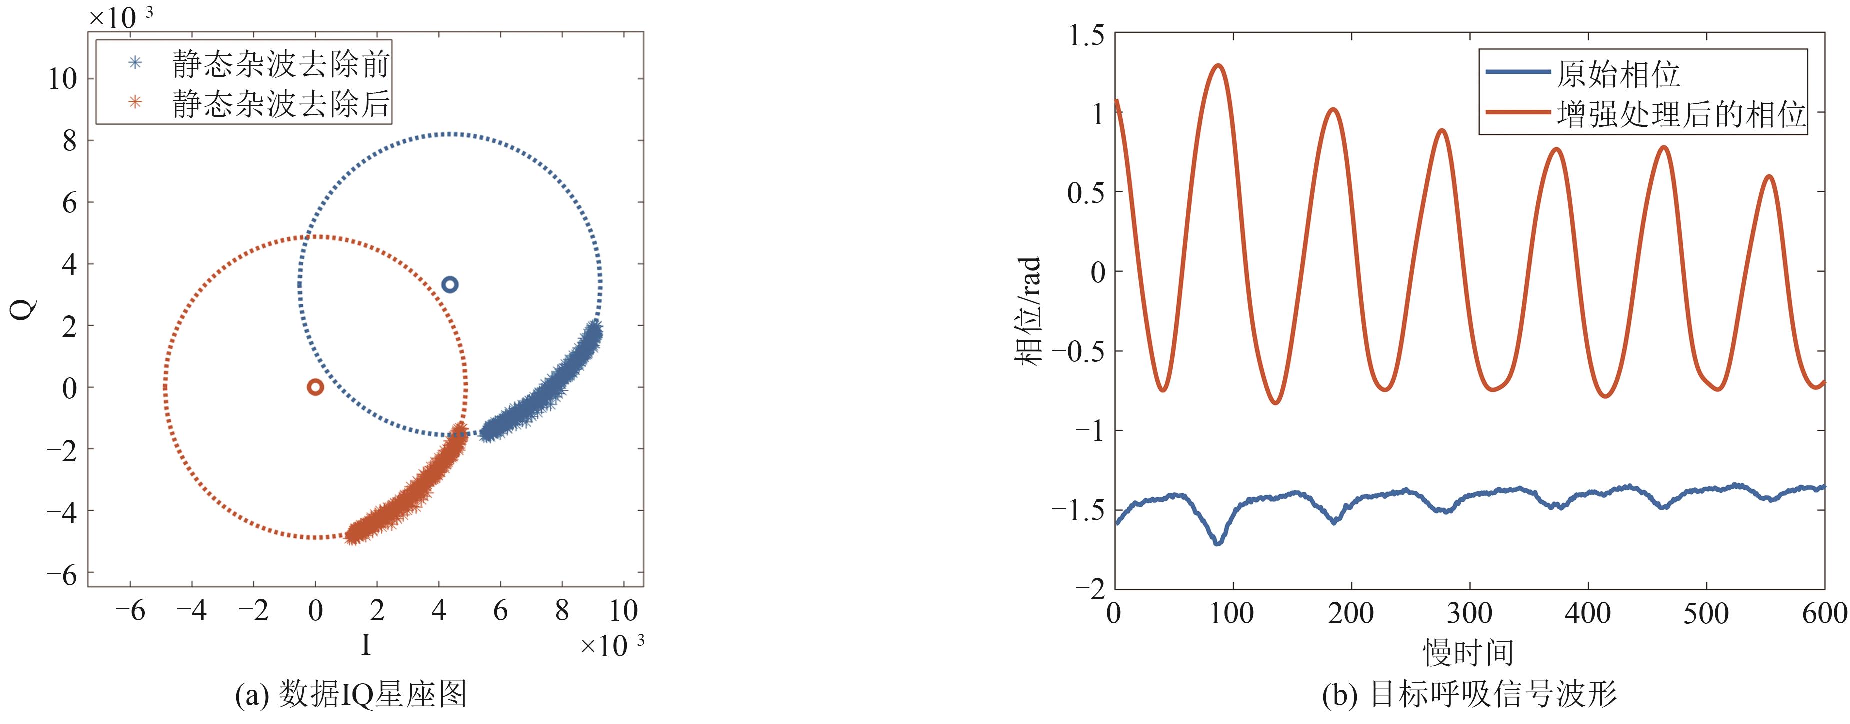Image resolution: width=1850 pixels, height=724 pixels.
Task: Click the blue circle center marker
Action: pos(449,284)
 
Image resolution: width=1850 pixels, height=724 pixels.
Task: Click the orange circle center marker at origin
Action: pos(315,387)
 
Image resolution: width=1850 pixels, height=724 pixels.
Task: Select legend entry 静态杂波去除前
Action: pos(280,64)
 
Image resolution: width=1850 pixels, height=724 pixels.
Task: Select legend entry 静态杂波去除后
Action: pos(280,103)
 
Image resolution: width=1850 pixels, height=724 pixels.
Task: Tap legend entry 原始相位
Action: pos(1618,74)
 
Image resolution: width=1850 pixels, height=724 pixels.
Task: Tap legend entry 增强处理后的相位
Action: pos(1681,114)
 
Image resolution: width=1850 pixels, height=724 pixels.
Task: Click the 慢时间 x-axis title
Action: pos(1468,652)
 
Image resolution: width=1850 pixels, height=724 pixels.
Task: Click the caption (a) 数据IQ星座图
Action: pos(351,694)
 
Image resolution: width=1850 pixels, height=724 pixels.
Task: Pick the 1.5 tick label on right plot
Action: pos(1086,35)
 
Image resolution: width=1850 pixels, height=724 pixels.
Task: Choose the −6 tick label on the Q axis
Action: pos(62,575)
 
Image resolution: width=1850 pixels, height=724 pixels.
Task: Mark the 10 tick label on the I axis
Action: pos(623,611)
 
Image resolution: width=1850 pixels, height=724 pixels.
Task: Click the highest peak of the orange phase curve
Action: pos(1218,66)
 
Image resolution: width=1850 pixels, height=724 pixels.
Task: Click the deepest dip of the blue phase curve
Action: pos(1217,543)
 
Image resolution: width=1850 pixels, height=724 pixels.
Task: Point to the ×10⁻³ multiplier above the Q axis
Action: pos(120,16)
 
